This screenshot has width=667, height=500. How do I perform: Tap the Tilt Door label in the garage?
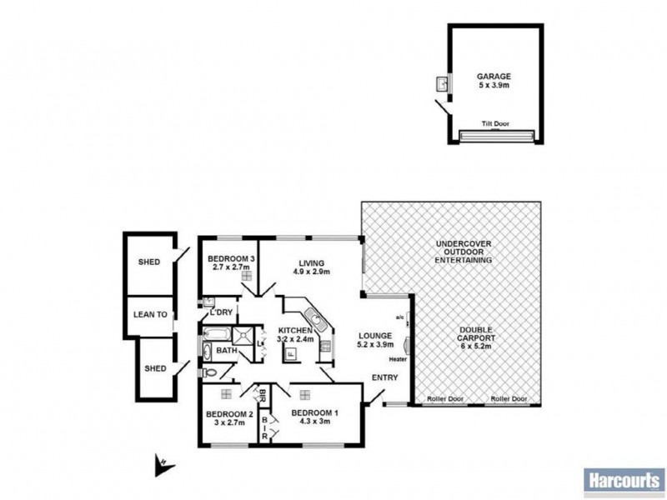click(x=495, y=124)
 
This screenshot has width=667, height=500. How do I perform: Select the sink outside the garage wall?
click(x=443, y=84)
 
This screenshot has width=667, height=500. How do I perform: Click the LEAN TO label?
click(x=151, y=315)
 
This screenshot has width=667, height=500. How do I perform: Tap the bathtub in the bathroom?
click(x=217, y=335)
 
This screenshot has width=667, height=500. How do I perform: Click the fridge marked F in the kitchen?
click(x=290, y=352)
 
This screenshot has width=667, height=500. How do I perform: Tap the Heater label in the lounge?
click(x=397, y=359)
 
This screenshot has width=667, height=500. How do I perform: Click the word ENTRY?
click(x=384, y=377)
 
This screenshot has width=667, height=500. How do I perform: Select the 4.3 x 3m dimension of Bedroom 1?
click(x=314, y=422)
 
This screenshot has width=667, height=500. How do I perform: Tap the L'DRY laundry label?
click(x=221, y=312)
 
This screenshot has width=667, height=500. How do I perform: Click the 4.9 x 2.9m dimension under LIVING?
click(x=311, y=272)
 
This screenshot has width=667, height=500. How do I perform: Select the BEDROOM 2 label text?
click(x=228, y=414)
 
